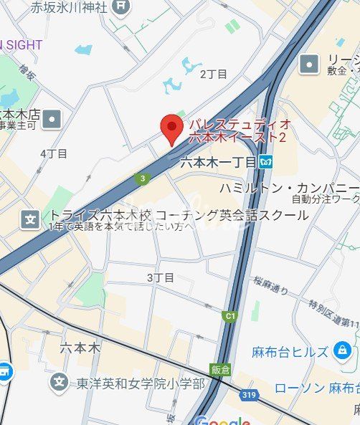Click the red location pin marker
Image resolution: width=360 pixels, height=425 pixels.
[171, 128]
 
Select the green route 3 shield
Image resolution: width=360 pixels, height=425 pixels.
[143, 178]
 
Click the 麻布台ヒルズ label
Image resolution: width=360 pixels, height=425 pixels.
[290, 351]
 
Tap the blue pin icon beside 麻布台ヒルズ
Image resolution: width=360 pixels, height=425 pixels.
[341, 350]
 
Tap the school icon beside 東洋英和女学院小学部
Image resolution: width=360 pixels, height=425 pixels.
[60, 383]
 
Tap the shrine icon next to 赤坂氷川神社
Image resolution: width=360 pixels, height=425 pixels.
[122, 7]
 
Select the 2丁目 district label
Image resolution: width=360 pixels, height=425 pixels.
[213, 74]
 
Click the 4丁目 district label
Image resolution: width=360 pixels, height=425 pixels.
[54, 153]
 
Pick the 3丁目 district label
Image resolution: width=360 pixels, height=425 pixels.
[160, 277]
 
